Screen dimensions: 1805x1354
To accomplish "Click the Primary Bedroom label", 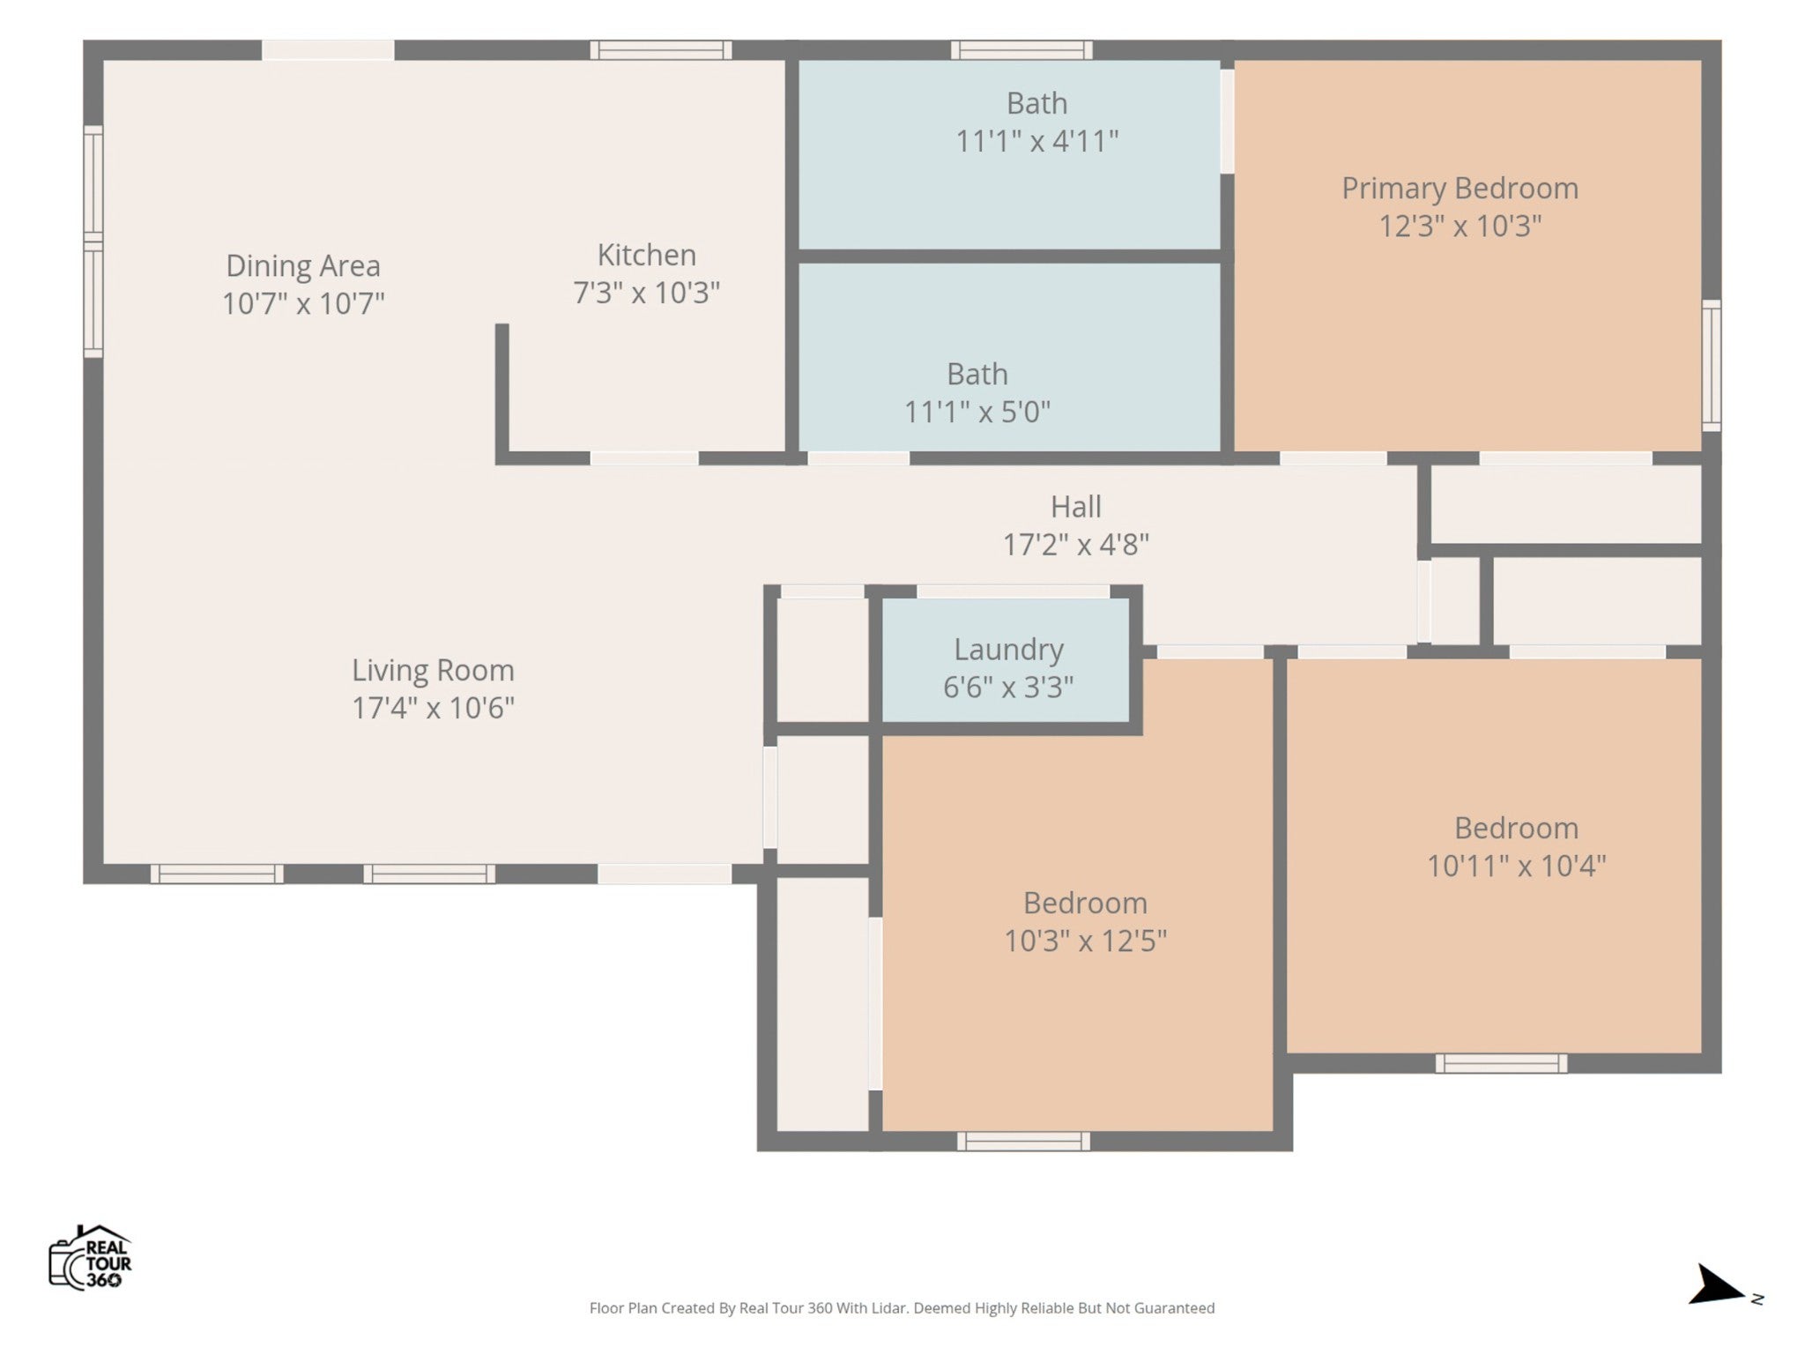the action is click(1460, 189).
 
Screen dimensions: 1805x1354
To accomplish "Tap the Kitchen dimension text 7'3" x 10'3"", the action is click(647, 293).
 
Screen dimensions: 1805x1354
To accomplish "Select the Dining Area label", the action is click(303, 265).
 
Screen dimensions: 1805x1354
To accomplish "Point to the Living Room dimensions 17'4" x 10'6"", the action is click(433, 708).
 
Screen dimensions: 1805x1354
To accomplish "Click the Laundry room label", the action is click(1008, 650).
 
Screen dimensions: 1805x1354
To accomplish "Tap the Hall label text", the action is click(1075, 507).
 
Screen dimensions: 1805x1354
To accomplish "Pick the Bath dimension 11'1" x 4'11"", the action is click(1037, 141).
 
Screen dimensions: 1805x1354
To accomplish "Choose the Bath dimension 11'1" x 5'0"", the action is click(977, 412).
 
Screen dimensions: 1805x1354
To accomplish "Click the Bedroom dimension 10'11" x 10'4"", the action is click(1516, 866).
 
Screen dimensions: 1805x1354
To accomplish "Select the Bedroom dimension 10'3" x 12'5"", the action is click(1085, 941).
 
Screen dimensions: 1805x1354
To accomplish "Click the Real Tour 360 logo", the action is click(90, 1258).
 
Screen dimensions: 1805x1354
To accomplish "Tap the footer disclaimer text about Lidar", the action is click(902, 1308).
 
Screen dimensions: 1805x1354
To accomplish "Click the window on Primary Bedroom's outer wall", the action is click(1711, 365).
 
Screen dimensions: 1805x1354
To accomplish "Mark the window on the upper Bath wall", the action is click(1021, 50).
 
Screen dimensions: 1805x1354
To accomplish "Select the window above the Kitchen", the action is click(661, 50).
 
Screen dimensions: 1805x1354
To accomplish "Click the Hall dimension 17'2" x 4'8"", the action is click(1075, 545).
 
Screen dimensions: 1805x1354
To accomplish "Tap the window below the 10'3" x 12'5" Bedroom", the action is click(1023, 1142).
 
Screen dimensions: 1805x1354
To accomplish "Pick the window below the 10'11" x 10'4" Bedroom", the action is click(1501, 1064).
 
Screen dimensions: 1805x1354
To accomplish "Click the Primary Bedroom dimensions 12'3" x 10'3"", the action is click(1460, 227).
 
